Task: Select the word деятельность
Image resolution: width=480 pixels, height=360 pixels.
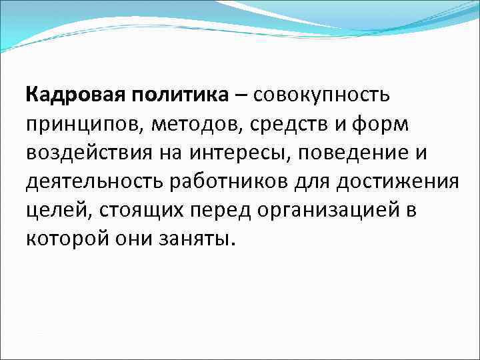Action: pos(95,182)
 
